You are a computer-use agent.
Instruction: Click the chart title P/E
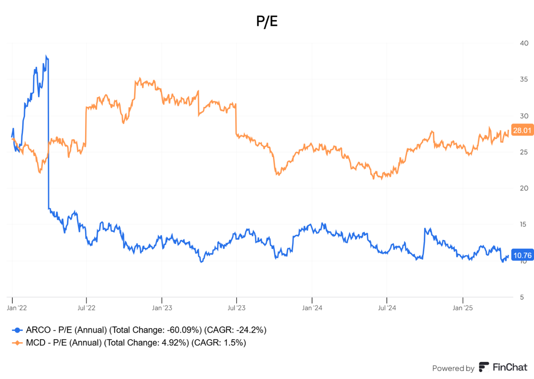pos(267,21)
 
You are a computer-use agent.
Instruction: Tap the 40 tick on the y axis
pos(524,43)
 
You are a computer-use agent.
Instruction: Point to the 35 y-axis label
pos(524,79)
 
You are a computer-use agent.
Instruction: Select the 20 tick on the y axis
pos(524,188)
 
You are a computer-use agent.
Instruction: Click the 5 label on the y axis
pos(522,297)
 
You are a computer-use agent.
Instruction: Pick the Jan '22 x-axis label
pos(17,308)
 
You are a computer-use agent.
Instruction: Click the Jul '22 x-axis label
pos(86,308)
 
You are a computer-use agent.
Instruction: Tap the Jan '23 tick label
pos(162,308)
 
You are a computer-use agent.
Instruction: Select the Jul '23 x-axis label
pos(236,308)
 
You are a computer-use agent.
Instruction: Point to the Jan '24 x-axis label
pos(312,308)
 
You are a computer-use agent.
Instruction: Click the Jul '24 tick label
pos(387,308)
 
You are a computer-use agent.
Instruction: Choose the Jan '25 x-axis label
pos(462,308)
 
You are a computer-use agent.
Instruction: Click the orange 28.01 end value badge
pos(522,130)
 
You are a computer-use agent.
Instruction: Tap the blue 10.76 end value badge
pos(522,255)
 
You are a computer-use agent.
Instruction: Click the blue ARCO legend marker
pos(17,330)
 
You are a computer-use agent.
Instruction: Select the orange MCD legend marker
pos(17,343)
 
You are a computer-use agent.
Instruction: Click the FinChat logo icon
pos(484,367)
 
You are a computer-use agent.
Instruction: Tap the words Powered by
pos(453,368)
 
